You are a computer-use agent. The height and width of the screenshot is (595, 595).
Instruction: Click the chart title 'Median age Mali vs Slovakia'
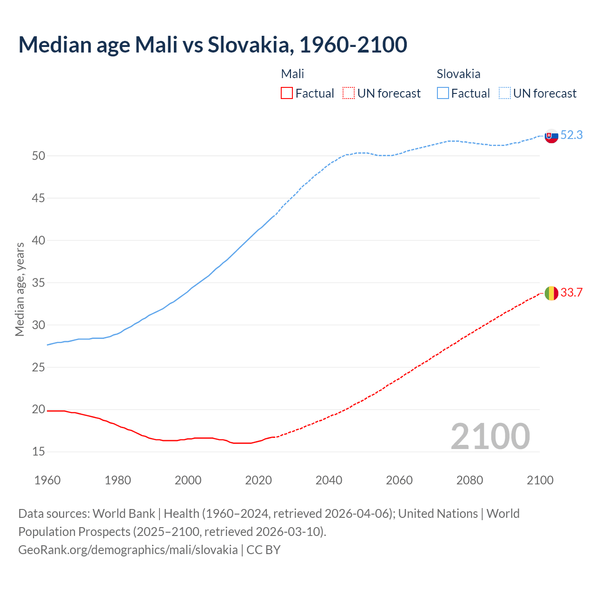(x=212, y=45)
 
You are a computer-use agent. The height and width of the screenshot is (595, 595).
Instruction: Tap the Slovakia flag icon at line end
(x=551, y=136)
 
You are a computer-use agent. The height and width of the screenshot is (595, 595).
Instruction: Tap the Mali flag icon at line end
(x=551, y=293)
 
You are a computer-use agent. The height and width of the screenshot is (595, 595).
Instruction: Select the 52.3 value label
(x=571, y=135)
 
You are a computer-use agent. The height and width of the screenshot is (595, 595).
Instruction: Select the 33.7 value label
(x=571, y=293)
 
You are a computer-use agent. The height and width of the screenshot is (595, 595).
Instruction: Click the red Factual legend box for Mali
(x=287, y=93)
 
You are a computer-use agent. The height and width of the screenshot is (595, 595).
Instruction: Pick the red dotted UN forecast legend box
(x=349, y=93)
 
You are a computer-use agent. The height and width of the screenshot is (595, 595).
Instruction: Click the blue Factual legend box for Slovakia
(x=443, y=93)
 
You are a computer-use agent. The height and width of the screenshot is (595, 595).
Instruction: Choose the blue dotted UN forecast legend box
(x=505, y=93)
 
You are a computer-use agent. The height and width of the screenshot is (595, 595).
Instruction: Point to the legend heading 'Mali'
(x=292, y=74)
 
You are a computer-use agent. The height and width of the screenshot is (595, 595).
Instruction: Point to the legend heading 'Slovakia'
(x=458, y=74)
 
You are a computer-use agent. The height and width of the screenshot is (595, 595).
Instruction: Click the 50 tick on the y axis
(x=39, y=156)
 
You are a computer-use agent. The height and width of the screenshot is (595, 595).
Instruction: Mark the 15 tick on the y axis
(x=39, y=452)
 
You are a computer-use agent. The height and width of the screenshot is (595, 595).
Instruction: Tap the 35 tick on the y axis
(x=39, y=283)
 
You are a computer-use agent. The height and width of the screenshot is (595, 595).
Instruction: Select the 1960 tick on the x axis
(x=47, y=480)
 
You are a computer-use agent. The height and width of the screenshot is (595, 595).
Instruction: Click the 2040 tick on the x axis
(x=329, y=480)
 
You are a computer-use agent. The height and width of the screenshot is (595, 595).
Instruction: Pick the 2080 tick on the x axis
(x=469, y=480)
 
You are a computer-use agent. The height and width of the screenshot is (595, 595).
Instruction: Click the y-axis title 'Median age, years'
(x=20, y=289)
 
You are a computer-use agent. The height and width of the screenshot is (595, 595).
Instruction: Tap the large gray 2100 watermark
(x=490, y=436)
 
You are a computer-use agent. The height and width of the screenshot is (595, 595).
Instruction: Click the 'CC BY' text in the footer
(x=264, y=550)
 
